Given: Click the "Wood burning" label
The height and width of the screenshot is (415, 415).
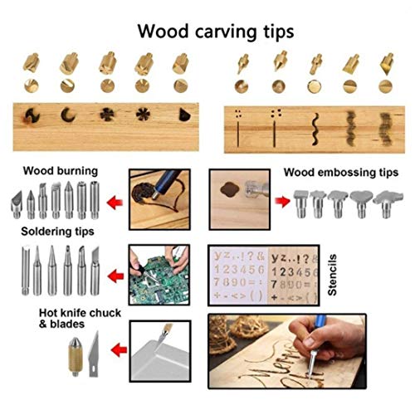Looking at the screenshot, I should [60, 171].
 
